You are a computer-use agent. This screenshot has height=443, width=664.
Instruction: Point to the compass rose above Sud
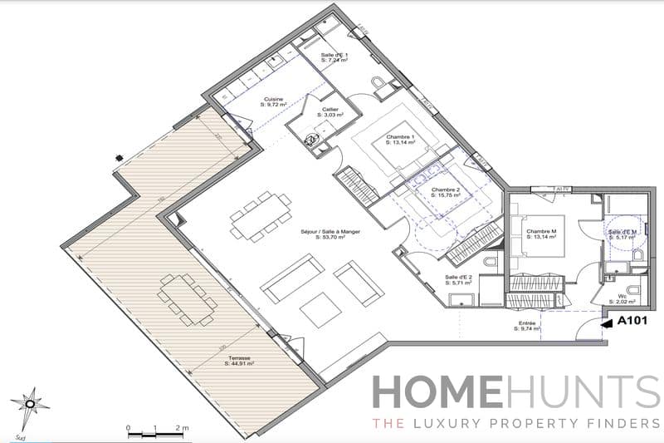31,404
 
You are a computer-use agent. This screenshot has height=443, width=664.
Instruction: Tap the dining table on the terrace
187,297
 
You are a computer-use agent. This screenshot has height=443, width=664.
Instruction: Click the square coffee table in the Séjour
320,309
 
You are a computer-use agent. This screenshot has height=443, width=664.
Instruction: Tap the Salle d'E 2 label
459,278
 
